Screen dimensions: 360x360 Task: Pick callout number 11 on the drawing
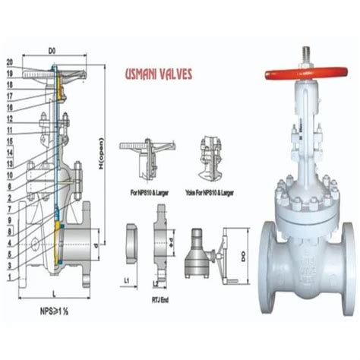pos(8,130)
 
